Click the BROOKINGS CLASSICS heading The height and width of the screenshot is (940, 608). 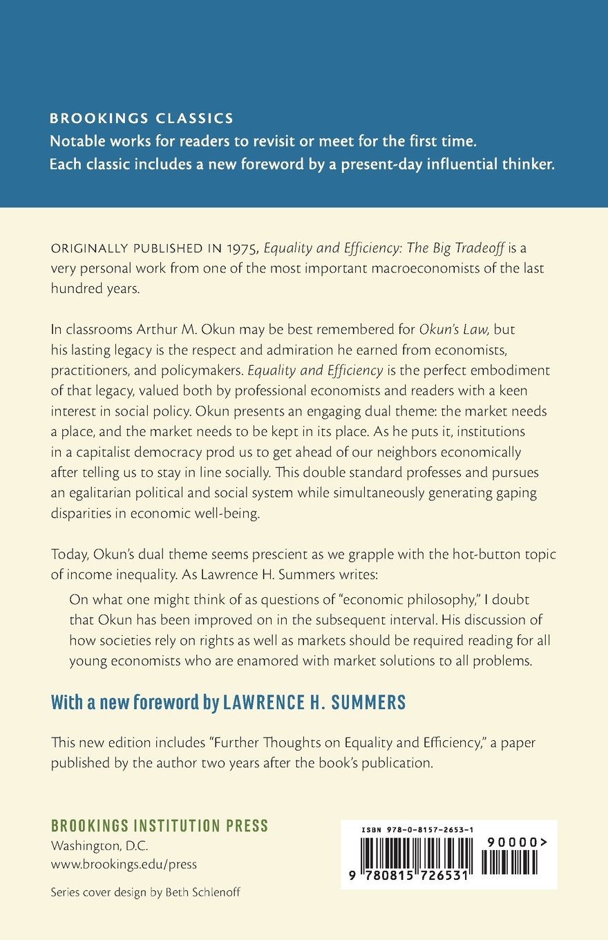[142, 119]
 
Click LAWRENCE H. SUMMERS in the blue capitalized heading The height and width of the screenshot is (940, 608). [314, 703]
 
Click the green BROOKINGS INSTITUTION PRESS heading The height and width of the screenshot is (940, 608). [160, 826]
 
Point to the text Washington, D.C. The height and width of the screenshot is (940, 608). [99, 846]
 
